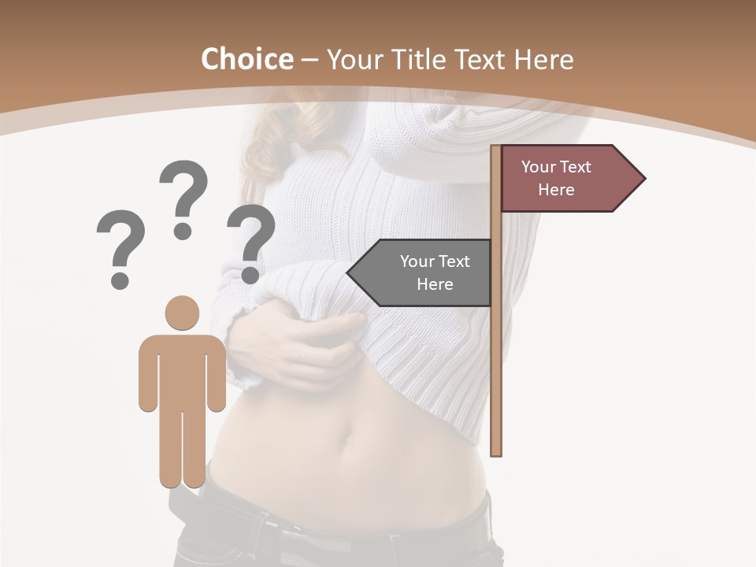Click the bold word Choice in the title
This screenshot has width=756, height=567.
pyautogui.click(x=246, y=59)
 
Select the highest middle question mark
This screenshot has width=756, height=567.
pyautogui.click(x=183, y=198)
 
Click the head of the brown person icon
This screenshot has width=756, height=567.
pyautogui.click(x=182, y=313)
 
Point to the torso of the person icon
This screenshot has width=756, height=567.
pyautogui.click(x=182, y=370)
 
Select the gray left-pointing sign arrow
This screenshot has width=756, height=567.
pyautogui.click(x=421, y=272)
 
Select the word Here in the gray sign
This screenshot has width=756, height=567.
pyautogui.click(x=435, y=284)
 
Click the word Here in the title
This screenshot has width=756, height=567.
pyautogui.click(x=543, y=59)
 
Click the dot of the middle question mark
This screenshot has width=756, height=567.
pyautogui.click(x=183, y=231)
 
